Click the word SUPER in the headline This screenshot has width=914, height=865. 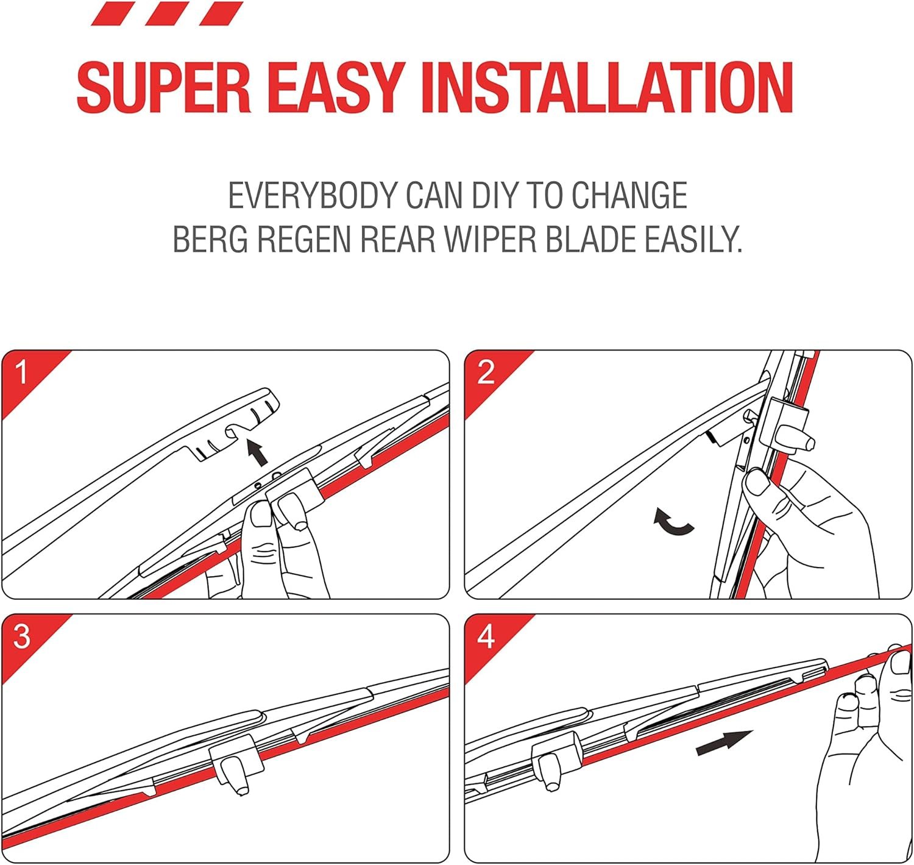tap(165, 87)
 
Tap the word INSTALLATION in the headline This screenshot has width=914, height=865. tap(607, 87)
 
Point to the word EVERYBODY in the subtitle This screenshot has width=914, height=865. tap(313, 195)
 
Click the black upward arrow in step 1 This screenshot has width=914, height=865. tap(258, 453)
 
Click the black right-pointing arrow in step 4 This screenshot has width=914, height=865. tap(724, 742)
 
